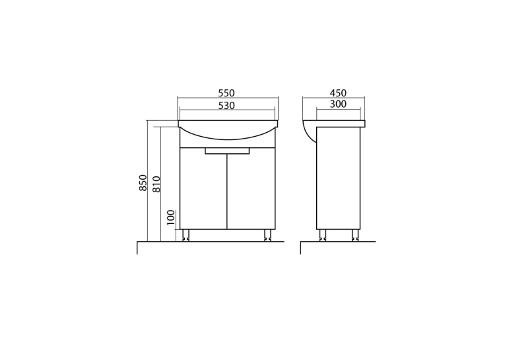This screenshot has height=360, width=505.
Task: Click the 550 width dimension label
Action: tap(226, 93)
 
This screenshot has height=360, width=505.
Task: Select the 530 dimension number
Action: tap(226, 106)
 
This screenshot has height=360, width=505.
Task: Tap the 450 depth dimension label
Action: tap(338, 93)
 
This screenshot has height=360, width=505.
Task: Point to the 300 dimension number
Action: tap(338, 104)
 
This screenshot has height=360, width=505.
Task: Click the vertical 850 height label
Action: tap(143, 182)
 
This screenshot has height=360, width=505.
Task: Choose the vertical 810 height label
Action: tap(156, 184)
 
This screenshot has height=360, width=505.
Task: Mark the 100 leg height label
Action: tap(171, 217)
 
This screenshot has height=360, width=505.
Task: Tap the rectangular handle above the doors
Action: tap(227, 151)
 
